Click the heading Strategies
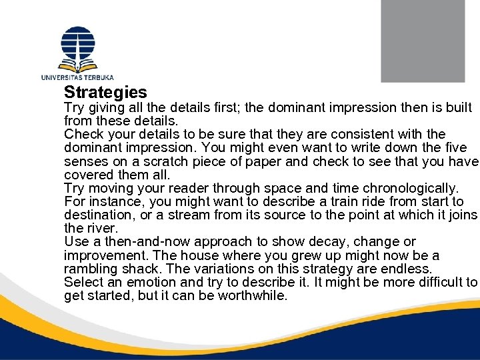pyautogui.click(x=105, y=92)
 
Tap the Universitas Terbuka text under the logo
pyautogui.click(x=77, y=77)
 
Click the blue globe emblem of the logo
pyautogui.click(x=78, y=43)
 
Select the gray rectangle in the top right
pyautogui.click(x=422, y=41)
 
